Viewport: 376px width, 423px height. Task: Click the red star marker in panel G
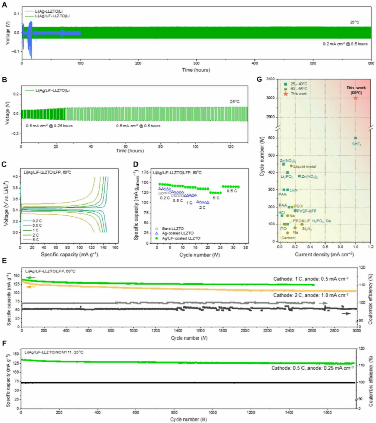[x=355, y=98]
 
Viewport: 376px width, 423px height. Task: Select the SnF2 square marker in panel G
[x=355, y=138]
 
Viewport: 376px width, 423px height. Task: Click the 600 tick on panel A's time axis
[x=371, y=64]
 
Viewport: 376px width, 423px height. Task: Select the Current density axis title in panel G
[x=324, y=254]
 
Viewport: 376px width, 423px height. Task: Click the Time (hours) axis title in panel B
[x=130, y=151]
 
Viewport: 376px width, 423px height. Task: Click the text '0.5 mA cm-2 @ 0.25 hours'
[x=49, y=126]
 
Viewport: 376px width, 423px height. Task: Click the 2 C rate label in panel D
[x=203, y=207]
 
